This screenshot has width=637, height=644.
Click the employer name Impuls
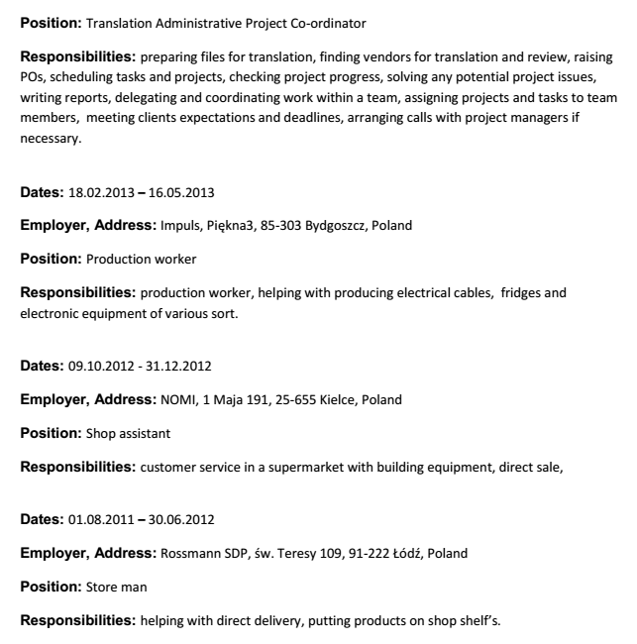179,225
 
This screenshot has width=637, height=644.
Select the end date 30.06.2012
180,519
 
